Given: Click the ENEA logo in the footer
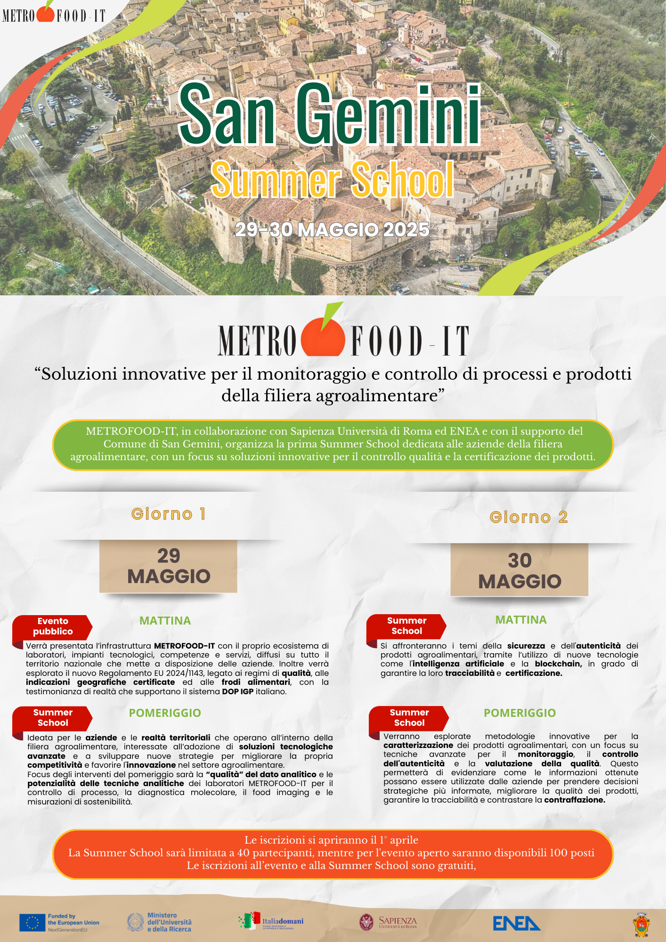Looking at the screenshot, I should (516, 923).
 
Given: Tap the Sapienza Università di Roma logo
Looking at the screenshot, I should (388, 922).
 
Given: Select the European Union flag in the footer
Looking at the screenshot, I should (32, 923).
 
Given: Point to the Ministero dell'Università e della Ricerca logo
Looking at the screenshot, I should (160, 922).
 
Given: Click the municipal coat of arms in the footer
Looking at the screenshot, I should (642, 925).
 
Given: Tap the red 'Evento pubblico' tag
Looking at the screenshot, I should (52, 626).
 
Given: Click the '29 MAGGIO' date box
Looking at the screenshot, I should (168, 566).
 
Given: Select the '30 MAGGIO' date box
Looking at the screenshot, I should (520, 570).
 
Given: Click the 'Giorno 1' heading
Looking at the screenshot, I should (168, 514).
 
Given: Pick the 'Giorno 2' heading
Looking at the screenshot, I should (528, 517).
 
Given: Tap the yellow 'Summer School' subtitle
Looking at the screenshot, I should (333, 180).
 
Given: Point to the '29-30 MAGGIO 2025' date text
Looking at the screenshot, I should (332, 230).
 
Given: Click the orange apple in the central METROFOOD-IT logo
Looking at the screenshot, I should (323, 337).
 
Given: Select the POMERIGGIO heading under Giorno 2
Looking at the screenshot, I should (520, 713).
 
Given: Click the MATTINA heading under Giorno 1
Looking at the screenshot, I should (165, 621).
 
